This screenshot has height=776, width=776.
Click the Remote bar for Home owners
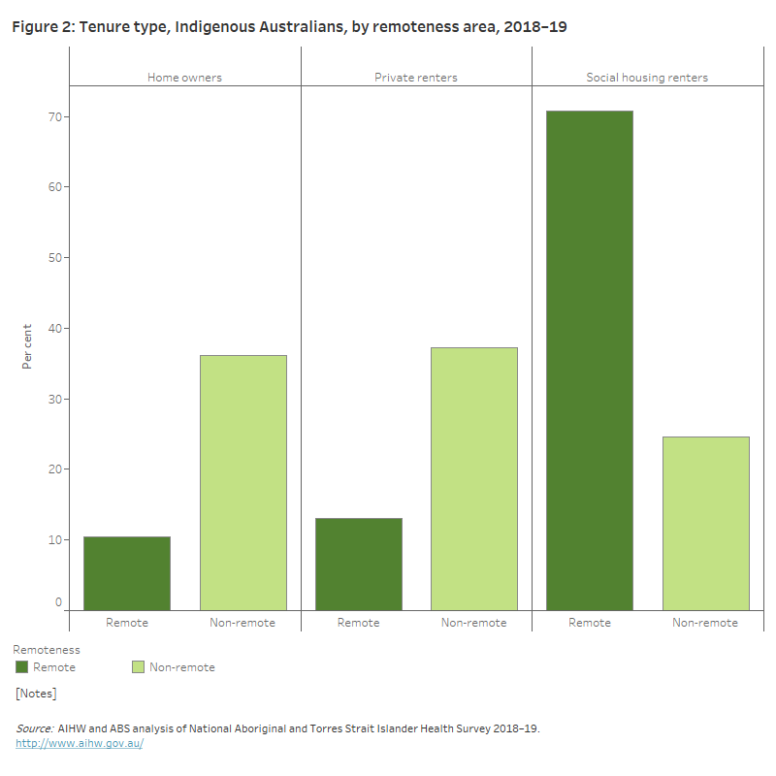click(127, 573)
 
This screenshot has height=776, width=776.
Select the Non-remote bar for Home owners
click(242, 482)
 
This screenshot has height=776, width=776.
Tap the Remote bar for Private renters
click(358, 564)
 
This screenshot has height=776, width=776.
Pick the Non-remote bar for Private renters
click(473, 478)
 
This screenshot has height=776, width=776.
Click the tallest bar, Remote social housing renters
click(589, 360)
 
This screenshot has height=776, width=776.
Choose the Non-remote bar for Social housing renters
click(705, 523)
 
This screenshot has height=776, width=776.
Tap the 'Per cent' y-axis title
click(27, 346)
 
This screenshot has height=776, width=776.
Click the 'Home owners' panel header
click(184, 78)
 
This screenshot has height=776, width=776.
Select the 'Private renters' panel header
click(416, 78)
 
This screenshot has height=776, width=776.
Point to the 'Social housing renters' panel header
click(647, 78)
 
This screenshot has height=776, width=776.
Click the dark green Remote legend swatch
click(22, 667)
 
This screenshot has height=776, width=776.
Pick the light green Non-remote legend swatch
click(138, 667)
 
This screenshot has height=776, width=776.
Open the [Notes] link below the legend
click(36, 694)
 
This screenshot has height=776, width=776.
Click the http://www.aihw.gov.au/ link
click(80, 743)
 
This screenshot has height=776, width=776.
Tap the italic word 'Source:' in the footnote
click(34, 728)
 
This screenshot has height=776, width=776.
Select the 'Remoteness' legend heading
click(47, 650)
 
